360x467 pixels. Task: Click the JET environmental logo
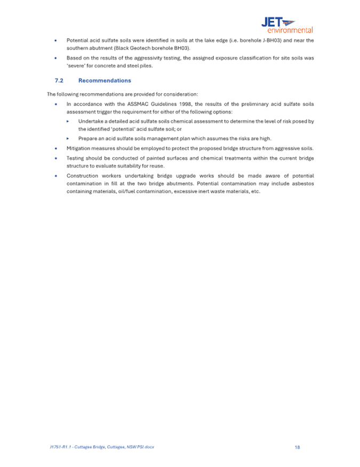coord(286,25)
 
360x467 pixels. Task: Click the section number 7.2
coord(59,81)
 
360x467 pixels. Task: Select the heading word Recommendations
coord(104,81)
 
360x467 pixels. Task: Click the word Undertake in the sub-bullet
coord(91,121)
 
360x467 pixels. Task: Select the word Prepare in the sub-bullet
coord(88,138)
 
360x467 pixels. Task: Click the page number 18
coord(297,446)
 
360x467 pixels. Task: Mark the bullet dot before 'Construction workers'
coord(55,176)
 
